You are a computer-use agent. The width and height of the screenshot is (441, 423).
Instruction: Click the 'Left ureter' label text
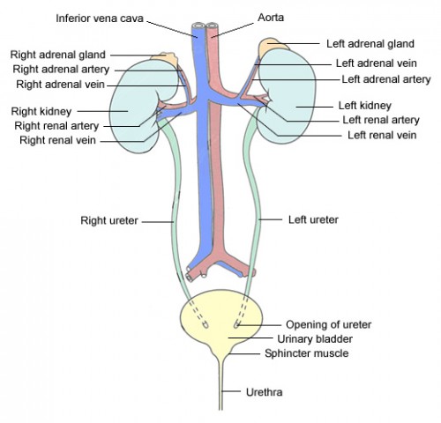[313, 217]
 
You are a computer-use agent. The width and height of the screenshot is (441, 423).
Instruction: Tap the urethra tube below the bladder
[220, 392]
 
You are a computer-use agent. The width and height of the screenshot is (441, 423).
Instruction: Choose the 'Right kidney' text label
[41, 111]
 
